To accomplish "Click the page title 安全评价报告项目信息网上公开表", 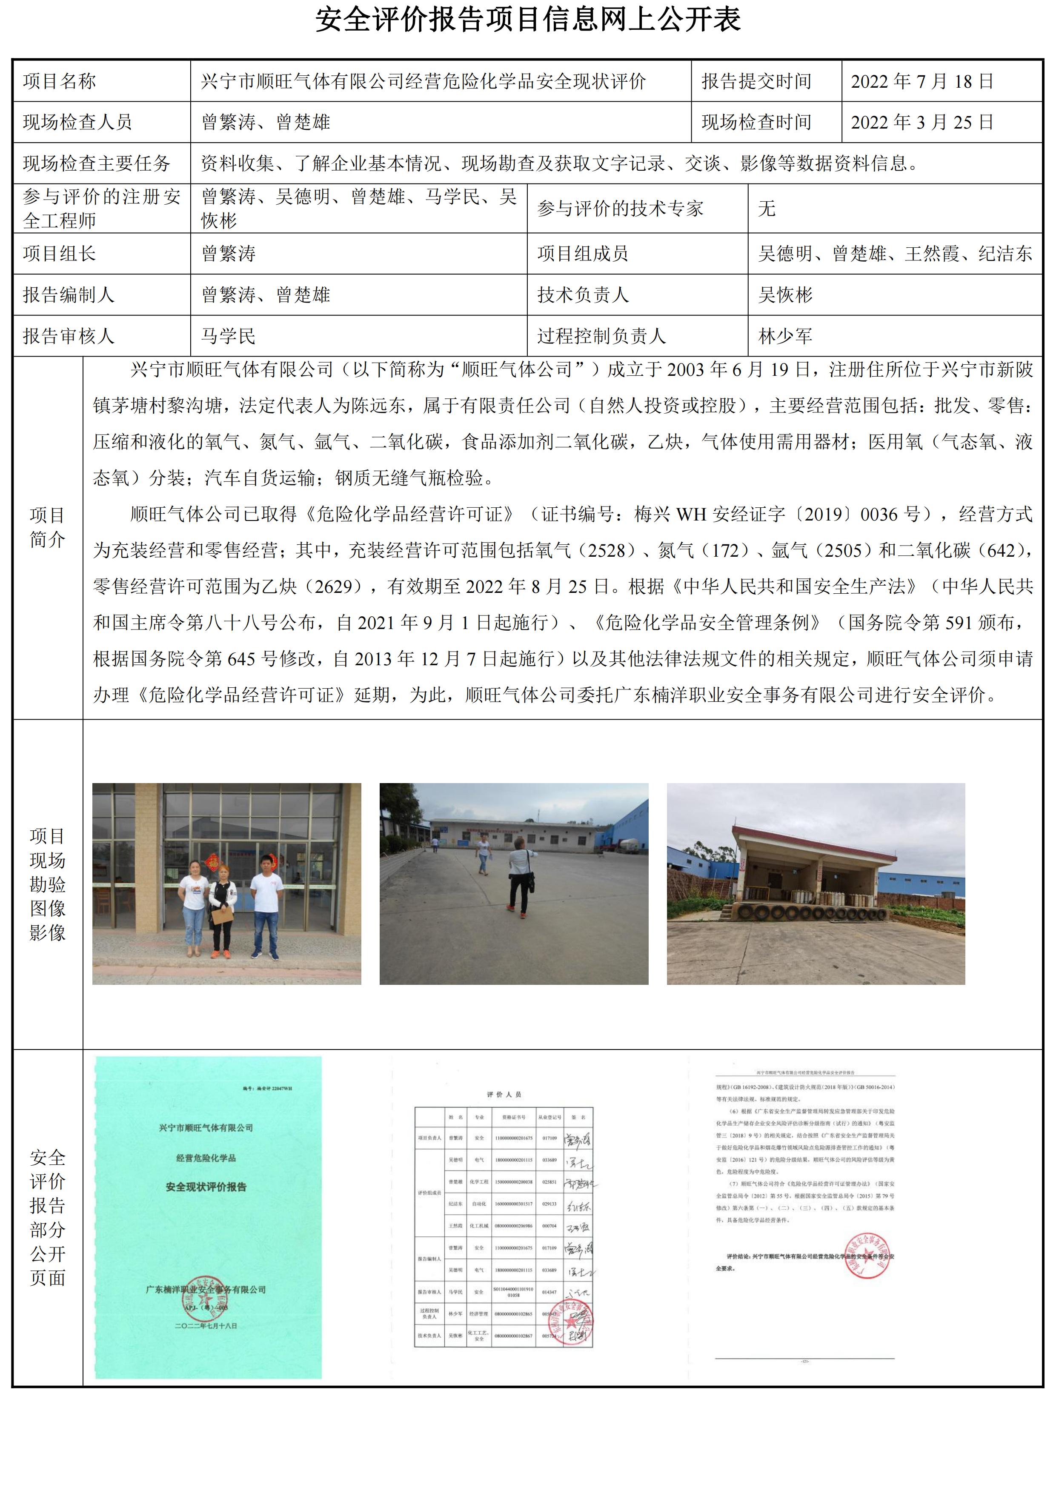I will click(x=527, y=20).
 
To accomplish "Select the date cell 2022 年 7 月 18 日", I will click(x=921, y=81).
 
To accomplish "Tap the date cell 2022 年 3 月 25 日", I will click(x=921, y=122).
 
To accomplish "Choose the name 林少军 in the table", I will click(x=785, y=336).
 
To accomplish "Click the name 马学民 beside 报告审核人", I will click(x=228, y=336).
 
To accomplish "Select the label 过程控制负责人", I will click(x=601, y=336).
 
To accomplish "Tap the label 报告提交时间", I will click(x=756, y=81).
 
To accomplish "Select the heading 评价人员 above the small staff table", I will click(x=504, y=1094).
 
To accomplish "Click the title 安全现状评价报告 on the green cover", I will click(x=206, y=1187).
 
